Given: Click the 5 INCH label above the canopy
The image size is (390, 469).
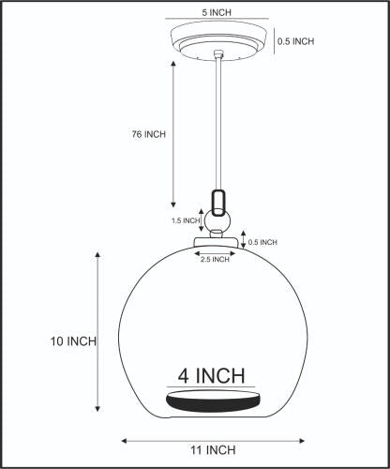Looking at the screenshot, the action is click(x=217, y=12).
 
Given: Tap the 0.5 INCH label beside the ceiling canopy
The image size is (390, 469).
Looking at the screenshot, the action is click(x=295, y=41).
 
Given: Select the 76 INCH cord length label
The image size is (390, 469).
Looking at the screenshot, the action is click(x=148, y=134).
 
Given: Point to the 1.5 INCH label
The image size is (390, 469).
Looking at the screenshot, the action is click(x=186, y=220).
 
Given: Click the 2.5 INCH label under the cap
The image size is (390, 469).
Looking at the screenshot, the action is click(x=215, y=260).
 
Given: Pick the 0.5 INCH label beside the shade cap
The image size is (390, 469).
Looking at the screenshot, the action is click(x=262, y=242).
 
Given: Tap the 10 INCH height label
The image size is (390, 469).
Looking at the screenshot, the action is click(x=73, y=341).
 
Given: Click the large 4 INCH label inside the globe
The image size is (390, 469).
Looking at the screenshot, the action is click(x=211, y=375).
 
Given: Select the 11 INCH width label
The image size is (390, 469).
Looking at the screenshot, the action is click(x=213, y=450).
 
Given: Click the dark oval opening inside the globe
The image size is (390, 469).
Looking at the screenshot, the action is click(x=213, y=401).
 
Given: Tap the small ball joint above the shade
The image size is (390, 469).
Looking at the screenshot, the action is click(x=217, y=221).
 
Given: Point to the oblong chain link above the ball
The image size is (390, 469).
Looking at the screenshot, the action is click(x=218, y=203).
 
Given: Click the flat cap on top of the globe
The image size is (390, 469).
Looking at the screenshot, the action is click(x=216, y=242).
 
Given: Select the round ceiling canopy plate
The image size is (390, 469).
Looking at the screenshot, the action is click(x=218, y=40).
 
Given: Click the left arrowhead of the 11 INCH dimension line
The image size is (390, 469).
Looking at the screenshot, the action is click(x=124, y=441).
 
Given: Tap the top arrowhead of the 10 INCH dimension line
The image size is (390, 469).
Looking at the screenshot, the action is click(x=97, y=254).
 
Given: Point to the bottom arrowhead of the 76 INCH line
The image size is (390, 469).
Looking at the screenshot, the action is click(x=173, y=204).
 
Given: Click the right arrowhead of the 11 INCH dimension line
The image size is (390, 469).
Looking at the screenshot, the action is click(x=302, y=441).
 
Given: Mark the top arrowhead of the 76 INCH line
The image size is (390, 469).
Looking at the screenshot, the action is click(x=173, y=64).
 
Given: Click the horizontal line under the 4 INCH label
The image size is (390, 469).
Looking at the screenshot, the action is click(x=211, y=387).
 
